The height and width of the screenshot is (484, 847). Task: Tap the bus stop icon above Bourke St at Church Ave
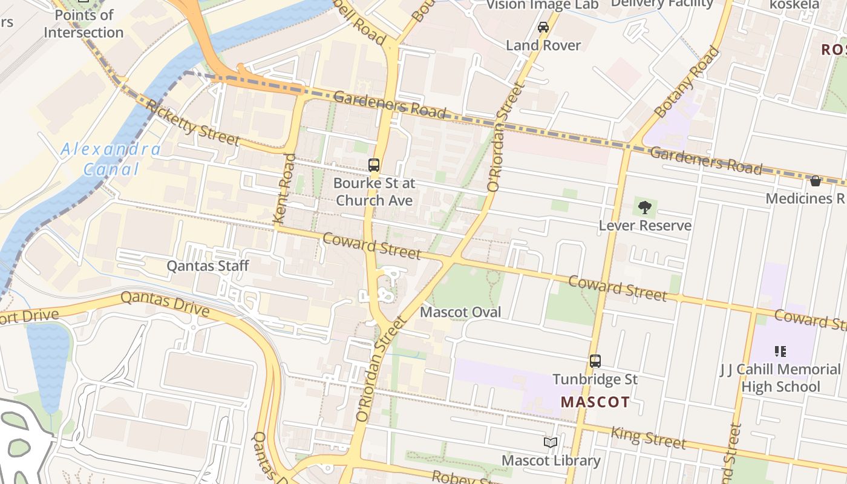(x=374, y=165)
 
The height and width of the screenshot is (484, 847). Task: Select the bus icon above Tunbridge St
(x=595, y=361)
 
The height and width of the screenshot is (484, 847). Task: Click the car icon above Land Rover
(x=543, y=27)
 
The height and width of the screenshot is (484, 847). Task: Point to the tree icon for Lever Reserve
(x=645, y=208)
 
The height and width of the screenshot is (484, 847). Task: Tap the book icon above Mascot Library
(x=551, y=443)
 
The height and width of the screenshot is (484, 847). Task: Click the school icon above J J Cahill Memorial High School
(x=780, y=351)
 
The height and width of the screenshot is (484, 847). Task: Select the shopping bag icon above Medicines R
(x=815, y=181)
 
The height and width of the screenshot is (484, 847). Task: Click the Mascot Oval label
(x=460, y=312)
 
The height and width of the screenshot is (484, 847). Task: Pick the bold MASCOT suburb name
(x=595, y=402)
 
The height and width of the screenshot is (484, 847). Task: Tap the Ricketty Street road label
(x=193, y=123)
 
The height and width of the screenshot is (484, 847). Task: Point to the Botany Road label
(x=687, y=82)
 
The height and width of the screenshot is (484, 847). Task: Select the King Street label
(x=649, y=437)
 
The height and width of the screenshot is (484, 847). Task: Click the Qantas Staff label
(x=208, y=266)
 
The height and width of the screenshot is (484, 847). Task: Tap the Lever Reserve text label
(x=645, y=226)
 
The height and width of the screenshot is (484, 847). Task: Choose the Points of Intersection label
(x=83, y=24)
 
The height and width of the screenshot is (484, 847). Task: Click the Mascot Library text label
(x=551, y=460)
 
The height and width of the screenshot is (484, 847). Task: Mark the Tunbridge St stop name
(x=595, y=379)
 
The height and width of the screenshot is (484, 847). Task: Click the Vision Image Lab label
(x=542, y=5)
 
